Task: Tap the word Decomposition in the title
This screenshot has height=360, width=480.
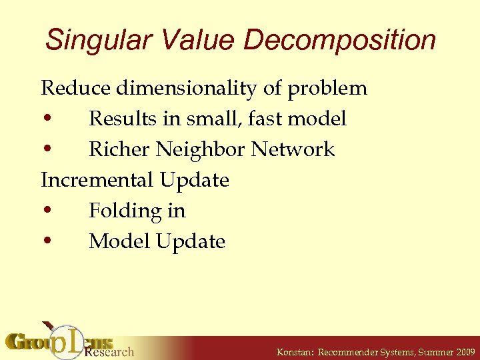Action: pyautogui.click(x=339, y=40)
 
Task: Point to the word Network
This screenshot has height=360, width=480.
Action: pyautogui.click(x=293, y=149)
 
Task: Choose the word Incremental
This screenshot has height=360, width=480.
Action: pyautogui.click(x=98, y=180)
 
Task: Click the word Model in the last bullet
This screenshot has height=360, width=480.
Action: pyautogui.click(x=119, y=241)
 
